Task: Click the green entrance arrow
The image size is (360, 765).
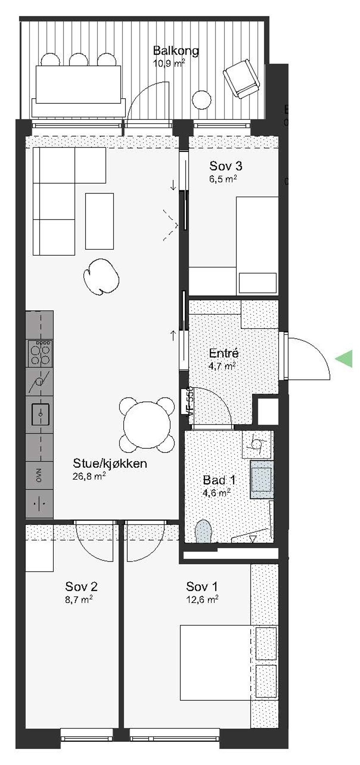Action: click(x=344, y=359)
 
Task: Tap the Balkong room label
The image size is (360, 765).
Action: click(x=176, y=51)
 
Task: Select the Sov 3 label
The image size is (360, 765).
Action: click(x=225, y=166)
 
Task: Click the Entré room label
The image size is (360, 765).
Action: click(x=224, y=353)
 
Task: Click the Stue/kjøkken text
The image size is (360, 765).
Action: click(x=110, y=463)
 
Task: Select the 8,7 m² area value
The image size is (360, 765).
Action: click(x=81, y=599)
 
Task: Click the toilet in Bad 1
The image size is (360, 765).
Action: click(x=203, y=531)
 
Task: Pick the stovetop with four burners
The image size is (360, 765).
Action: click(x=39, y=353)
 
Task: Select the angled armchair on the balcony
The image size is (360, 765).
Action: click(x=241, y=79)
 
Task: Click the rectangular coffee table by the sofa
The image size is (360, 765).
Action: click(x=99, y=221)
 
